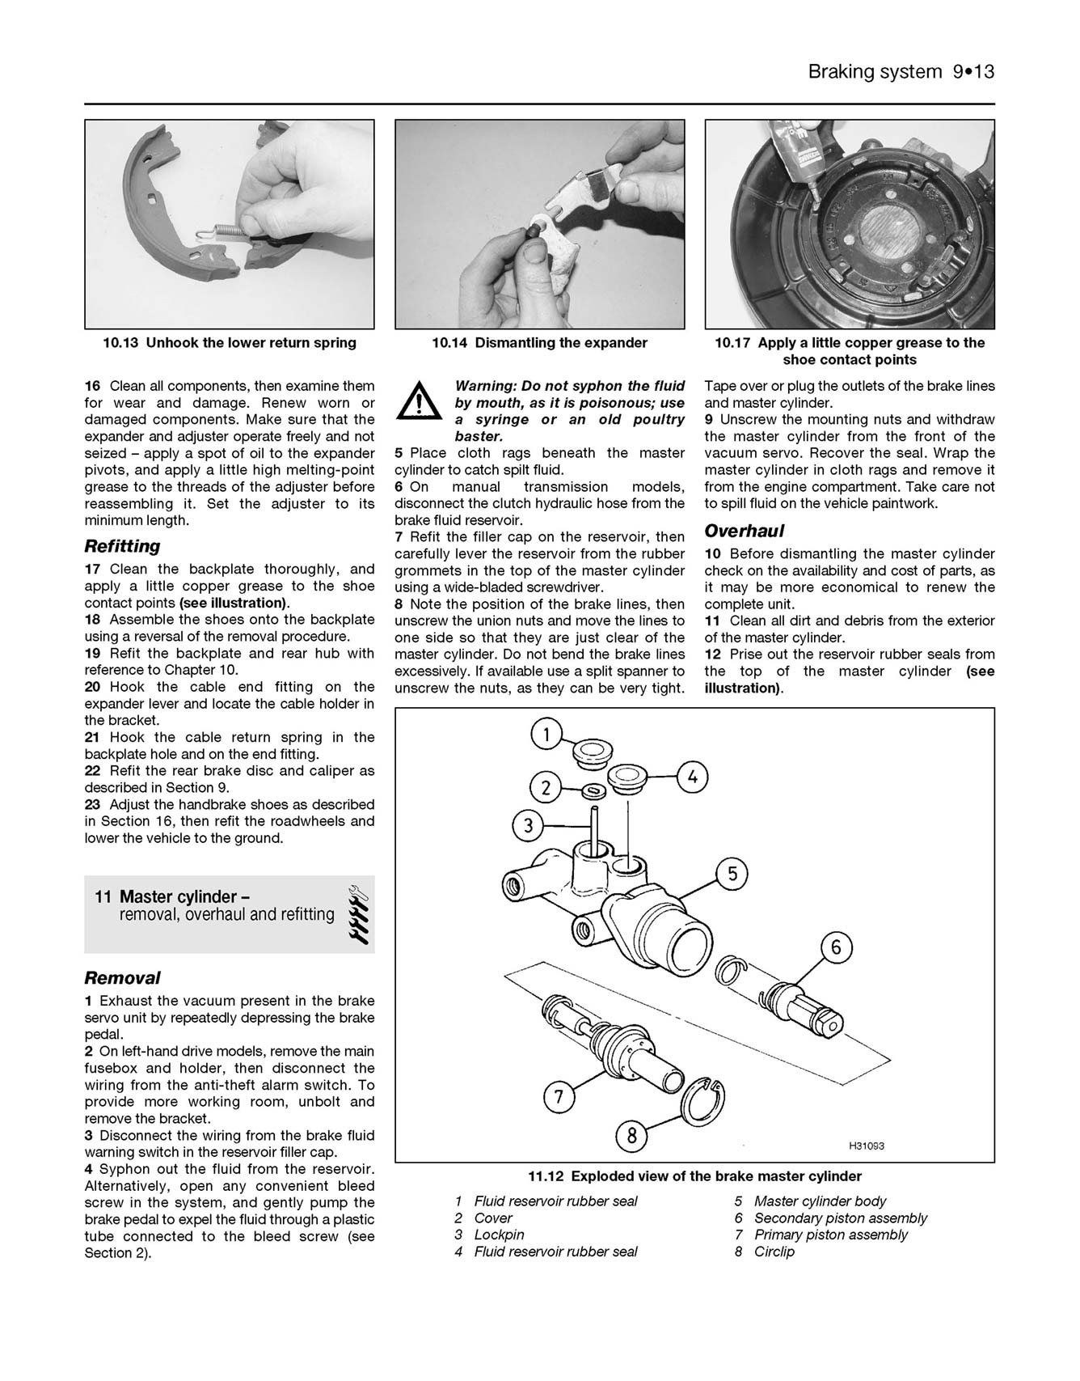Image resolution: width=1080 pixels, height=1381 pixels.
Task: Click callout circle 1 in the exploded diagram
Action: (x=546, y=735)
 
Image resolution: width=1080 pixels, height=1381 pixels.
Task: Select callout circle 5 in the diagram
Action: (x=732, y=874)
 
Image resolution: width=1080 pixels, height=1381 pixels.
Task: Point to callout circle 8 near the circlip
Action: (x=632, y=1136)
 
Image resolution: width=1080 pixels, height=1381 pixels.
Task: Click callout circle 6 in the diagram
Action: (x=837, y=947)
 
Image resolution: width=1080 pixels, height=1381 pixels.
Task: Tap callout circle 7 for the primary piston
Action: (x=559, y=1098)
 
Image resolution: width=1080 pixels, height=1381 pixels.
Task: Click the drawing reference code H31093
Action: (x=867, y=1146)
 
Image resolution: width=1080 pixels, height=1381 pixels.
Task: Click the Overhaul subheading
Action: (x=745, y=532)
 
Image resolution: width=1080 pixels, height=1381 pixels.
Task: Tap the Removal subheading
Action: (x=122, y=977)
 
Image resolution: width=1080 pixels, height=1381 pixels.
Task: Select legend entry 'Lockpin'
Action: (x=499, y=1235)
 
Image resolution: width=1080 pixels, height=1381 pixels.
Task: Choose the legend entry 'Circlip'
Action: (x=774, y=1252)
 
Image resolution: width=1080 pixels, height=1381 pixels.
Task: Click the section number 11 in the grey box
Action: (x=103, y=897)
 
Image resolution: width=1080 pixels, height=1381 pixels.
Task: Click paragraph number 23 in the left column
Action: (x=93, y=804)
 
